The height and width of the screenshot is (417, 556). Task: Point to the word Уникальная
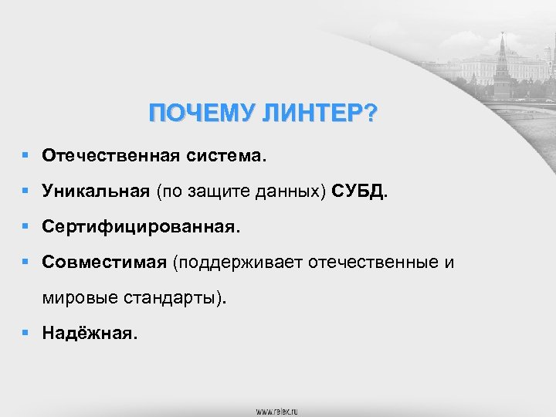point(96,192)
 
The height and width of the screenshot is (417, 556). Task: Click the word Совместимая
point(104,263)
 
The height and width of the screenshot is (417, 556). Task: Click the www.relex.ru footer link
point(277,410)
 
